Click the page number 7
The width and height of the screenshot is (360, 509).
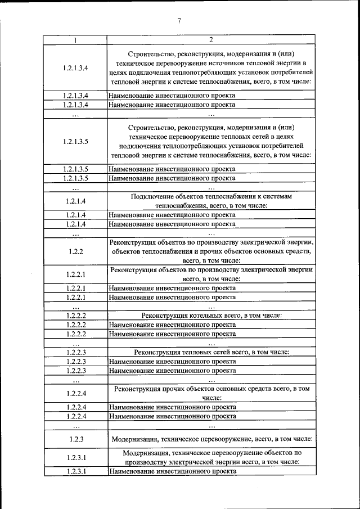(x=179, y=21)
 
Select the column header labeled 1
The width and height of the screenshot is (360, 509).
(x=75, y=40)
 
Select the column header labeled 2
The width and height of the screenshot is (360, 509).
(x=210, y=40)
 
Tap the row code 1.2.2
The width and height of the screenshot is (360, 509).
(x=75, y=251)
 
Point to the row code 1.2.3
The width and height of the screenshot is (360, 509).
(x=75, y=439)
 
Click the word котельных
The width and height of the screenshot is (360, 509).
(x=200, y=316)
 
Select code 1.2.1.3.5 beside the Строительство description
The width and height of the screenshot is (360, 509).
(x=75, y=141)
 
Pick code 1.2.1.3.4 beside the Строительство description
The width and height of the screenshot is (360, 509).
(x=75, y=68)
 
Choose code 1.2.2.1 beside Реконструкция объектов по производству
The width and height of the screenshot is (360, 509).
(x=75, y=274)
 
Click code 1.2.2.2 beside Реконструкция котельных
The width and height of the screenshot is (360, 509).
(x=75, y=316)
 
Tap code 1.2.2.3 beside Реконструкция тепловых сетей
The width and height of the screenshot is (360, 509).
(x=75, y=352)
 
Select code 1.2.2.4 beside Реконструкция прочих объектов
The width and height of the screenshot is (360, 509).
(x=75, y=393)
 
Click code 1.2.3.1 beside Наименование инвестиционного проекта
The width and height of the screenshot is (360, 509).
(x=75, y=471)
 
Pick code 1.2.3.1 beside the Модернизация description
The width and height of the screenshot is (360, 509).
(x=75, y=457)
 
